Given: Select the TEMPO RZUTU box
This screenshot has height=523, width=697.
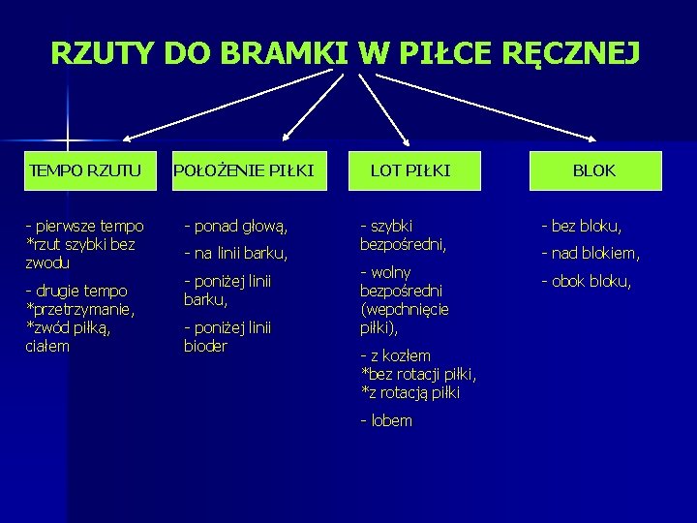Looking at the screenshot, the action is click(x=85, y=170).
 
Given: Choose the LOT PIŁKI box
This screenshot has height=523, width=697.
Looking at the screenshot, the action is click(x=410, y=170).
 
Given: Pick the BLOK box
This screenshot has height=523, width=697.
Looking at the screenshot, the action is click(x=594, y=170).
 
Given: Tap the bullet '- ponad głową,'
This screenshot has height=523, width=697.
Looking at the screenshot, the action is click(x=236, y=227).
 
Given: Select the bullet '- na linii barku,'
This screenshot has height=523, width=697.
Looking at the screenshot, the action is click(x=236, y=254).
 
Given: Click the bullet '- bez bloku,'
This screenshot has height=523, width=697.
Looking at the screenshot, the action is click(x=581, y=227).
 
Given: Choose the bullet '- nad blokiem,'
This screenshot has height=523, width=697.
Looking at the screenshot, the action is click(x=591, y=254).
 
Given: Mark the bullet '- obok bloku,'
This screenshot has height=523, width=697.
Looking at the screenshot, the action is click(x=587, y=282).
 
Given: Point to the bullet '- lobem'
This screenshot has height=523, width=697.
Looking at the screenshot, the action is click(x=386, y=420).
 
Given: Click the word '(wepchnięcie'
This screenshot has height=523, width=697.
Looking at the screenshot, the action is click(x=404, y=310).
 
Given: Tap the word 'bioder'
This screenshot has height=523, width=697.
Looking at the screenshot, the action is click(x=205, y=347).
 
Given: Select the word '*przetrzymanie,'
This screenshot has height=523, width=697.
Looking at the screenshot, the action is click(x=79, y=309).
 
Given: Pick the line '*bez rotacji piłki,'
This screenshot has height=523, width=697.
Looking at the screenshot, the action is click(x=418, y=374).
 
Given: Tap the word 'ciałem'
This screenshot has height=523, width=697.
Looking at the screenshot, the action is click(x=47, y=346).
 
